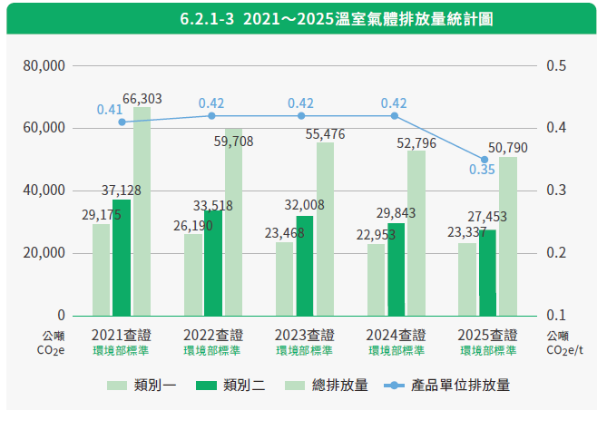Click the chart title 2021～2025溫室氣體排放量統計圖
[x=337, y=18]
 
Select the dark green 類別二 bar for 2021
[x=122, y=258]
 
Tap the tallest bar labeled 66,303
[x=142, y=211]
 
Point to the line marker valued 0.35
[x=485, y=160]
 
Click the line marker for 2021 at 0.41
[x=122, y=122]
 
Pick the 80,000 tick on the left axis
[x=44, y=66]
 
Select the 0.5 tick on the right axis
[x=556, y=66]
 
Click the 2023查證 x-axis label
[x=304, y=335]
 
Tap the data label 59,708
[x=233, y=142]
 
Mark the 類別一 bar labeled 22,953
[x=376, y=279]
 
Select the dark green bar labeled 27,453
[x=487, y=273]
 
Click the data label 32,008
[x=304, y=205]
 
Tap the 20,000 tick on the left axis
[x=44, y=253]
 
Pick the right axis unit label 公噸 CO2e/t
[x=564, y=343]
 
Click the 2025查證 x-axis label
[x=487, y=335]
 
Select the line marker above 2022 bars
[x=211, y=116]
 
